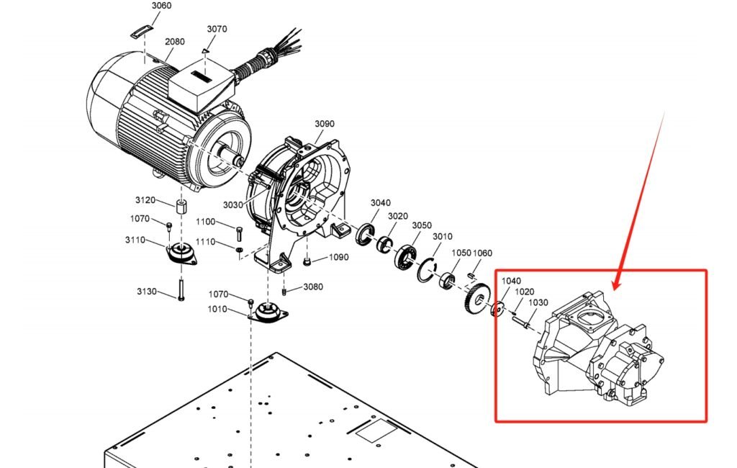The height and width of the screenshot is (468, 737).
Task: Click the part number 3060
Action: coord(161,6)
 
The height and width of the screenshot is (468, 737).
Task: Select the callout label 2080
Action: coord(175,42)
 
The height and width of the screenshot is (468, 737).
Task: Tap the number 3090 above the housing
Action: coord(325,124)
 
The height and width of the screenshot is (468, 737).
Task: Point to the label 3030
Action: coord(233,205)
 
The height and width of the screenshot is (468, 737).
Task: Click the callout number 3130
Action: coord(147,292)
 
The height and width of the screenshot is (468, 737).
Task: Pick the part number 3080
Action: coord(313,287)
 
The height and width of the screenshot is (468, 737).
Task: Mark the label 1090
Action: coord(339,258)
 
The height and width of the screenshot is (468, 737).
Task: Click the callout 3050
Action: coord(422,226)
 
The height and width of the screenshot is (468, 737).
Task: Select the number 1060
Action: coord(483,253)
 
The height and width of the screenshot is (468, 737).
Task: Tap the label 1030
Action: coord(538,303)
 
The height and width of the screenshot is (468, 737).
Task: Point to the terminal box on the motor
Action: coord(202,85)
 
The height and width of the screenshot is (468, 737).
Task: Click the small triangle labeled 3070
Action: coord(205,51)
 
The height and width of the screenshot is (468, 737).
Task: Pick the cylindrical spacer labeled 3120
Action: coord(182,209)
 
